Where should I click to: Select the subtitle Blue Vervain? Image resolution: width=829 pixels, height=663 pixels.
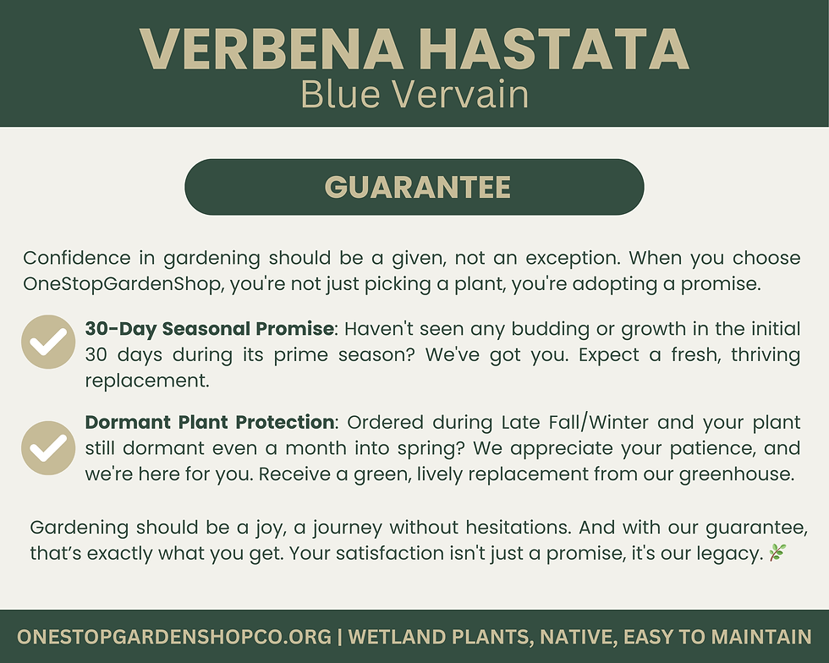point(414,95)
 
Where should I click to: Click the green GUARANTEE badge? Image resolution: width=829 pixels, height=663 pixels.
point(414,187)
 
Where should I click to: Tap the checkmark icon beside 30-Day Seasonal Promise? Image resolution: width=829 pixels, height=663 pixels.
point(48,342)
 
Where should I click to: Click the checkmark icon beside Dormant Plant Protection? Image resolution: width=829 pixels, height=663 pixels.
point(48,447)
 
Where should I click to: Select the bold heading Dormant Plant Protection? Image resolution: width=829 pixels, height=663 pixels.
point(210,421)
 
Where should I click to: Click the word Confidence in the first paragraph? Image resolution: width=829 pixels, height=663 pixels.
point(77,258)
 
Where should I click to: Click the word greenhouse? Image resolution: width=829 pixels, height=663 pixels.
point(740,474)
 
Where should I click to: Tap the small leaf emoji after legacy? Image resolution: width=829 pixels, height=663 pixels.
point(777,553)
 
